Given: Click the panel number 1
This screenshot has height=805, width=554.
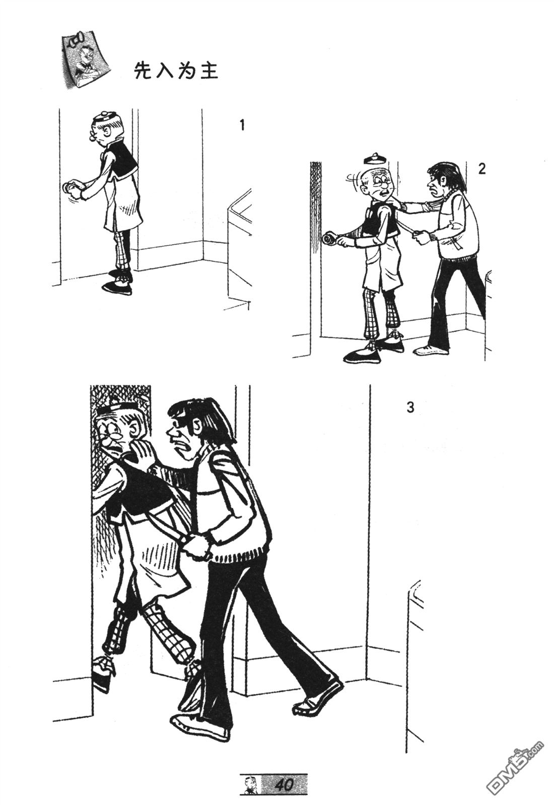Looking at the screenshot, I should (242, 124).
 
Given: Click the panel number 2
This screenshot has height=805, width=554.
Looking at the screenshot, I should (481, 169).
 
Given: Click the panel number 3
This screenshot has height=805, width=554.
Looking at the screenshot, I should (410, 407).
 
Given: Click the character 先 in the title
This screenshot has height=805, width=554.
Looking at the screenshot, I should (141, 71).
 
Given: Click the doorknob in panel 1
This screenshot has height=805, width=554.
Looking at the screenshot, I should (67, 188).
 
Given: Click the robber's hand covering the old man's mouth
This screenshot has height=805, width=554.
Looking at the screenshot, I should (144, 454).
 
